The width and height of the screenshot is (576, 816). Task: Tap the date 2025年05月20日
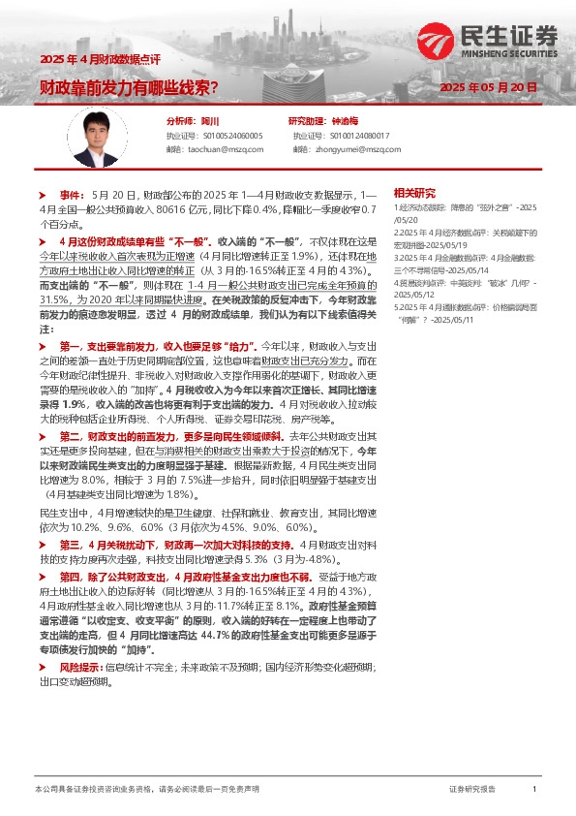[487, 87]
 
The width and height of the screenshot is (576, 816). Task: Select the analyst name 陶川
[210, 121]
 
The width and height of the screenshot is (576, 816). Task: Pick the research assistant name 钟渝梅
[344, 121]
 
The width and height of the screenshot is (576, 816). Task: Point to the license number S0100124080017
[354, 136]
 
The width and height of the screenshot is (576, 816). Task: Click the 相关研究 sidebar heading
[413, 192]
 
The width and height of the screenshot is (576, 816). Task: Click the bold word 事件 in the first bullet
[72, 195]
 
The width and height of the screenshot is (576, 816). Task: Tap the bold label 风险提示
[81, 669]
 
